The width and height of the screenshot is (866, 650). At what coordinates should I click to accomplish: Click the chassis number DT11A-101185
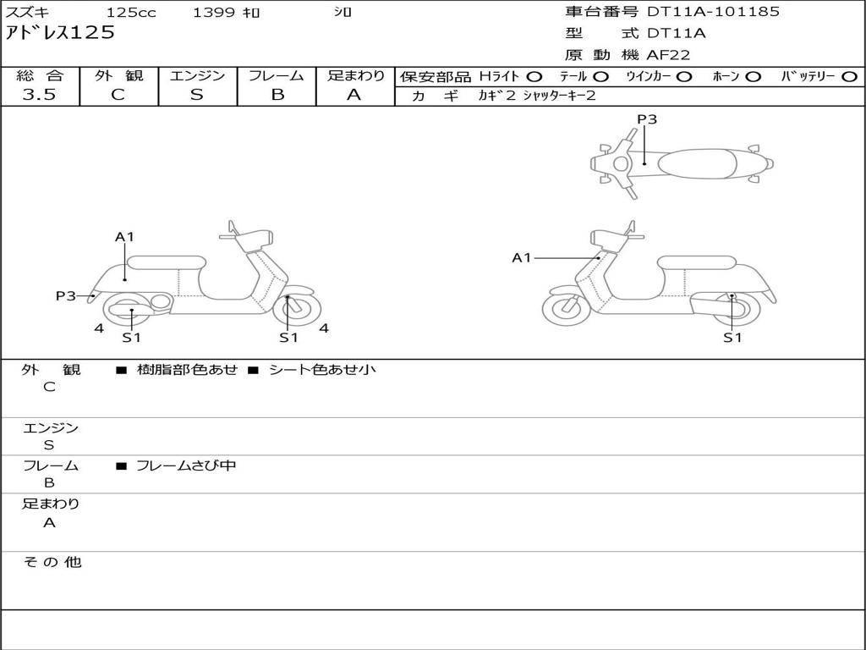[x=713, y=12]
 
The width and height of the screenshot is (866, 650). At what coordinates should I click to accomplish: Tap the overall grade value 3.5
[x=39, y=95]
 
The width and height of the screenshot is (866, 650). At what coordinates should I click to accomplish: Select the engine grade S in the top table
[x=197, y=95]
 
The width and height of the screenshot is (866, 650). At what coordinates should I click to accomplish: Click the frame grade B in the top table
[x=277, y=95]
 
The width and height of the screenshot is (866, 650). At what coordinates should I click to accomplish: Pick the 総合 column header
[x=40, y=75]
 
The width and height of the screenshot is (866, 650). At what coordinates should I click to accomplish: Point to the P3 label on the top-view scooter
[x=647, y=119]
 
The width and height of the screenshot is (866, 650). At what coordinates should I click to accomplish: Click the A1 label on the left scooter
[x=125, y=237]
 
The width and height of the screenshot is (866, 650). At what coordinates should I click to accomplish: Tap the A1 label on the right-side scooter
[x=521, y=257]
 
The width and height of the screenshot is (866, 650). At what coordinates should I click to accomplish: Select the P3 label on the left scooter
[x=66, y=295]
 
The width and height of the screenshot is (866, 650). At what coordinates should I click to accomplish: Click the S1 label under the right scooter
[x=732, y=338]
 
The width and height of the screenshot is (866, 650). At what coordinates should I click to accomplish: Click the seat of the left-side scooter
[x=165, y=262]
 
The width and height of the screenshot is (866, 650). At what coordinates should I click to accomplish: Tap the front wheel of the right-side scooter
[x=566, y=309]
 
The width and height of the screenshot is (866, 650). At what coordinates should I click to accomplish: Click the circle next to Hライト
[x=534, y=76]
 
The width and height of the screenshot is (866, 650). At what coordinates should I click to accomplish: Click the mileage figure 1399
[x=214, y=13]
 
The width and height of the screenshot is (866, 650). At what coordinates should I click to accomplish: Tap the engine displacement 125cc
[x=129, y=13]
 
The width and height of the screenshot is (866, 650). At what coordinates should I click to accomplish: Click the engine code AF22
[x=668, y=55]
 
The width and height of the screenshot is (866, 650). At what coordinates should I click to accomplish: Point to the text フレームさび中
[x=186, y=465]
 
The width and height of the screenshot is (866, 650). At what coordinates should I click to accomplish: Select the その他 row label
[x=52, y=562]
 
